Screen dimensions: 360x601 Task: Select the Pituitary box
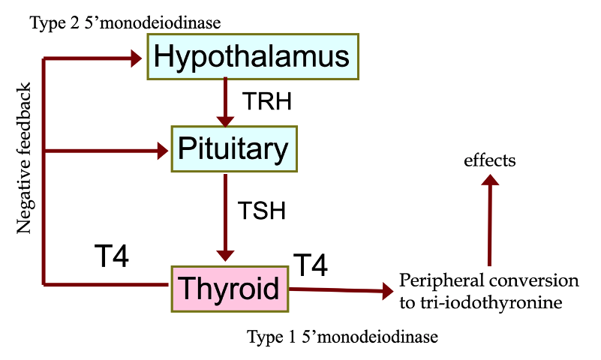234,148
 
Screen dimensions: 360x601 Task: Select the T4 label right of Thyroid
310,265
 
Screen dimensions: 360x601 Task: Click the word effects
490,160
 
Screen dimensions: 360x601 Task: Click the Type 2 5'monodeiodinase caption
125,23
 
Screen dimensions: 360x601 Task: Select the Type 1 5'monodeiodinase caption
342,337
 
